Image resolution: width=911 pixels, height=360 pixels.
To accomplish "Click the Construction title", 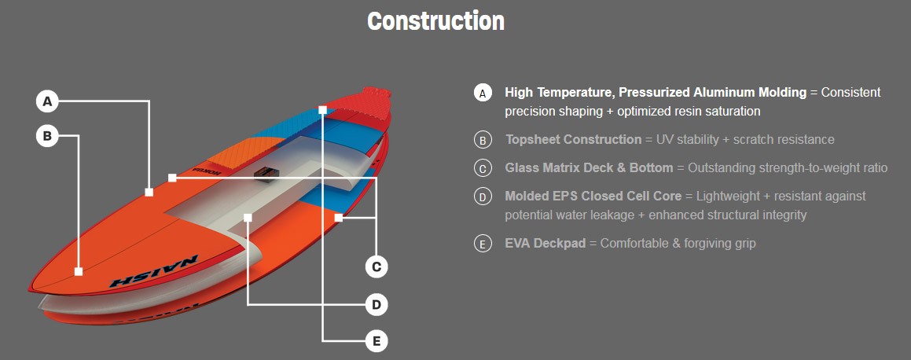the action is click(435, 21).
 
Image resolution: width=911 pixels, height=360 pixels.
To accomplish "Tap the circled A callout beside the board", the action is click(48, 101).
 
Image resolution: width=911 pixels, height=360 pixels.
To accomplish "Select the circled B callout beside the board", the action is click(48, 137).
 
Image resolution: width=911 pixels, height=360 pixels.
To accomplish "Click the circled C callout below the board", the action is click(377, 267).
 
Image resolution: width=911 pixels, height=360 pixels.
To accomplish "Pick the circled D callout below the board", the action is click(377, 305).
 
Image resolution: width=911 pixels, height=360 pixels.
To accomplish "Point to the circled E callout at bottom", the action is click(377, 341).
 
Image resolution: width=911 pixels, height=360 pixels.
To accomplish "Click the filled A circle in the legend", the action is click(483, 93).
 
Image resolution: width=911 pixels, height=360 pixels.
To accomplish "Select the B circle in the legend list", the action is click(483, 140).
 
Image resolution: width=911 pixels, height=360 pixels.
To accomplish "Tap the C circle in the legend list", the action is click(483, 168).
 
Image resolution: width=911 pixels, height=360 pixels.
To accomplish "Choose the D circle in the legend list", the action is click(483, 197).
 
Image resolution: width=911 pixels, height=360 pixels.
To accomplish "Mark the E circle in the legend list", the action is click(483, 244).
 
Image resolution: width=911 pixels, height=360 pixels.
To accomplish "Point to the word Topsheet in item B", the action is click(534, 140).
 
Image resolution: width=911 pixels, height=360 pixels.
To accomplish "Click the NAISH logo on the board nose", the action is click(153, 272).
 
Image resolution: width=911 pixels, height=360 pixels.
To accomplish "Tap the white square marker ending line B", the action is click(79, 271).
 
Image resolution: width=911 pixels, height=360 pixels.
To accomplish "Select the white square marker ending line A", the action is click(149, 193).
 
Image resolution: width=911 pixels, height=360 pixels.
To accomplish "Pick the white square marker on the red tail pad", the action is click(322, 109).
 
